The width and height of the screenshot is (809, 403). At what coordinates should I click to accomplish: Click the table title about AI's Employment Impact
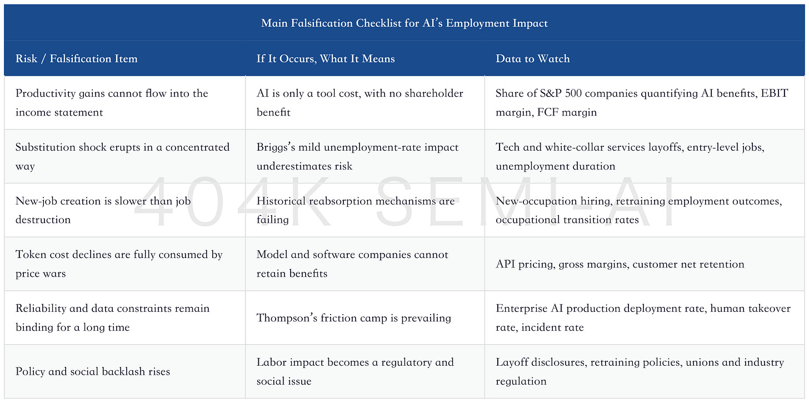tap(404, 23)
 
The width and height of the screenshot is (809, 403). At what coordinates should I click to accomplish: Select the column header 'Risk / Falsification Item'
tap(77, 58)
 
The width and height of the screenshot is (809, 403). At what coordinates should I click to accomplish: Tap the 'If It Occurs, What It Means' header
tap(326, 58)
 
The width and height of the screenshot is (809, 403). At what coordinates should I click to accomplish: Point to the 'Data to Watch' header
tap(532, 58)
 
